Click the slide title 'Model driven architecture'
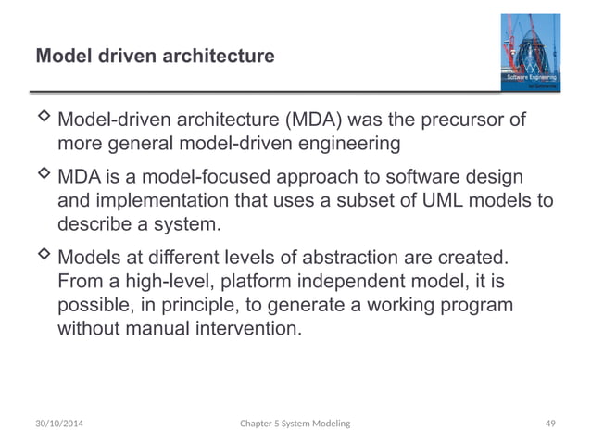[x=155, y=57]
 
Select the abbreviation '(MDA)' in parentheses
[x=315, y=120]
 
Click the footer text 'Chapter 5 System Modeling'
[x=295, y=423]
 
